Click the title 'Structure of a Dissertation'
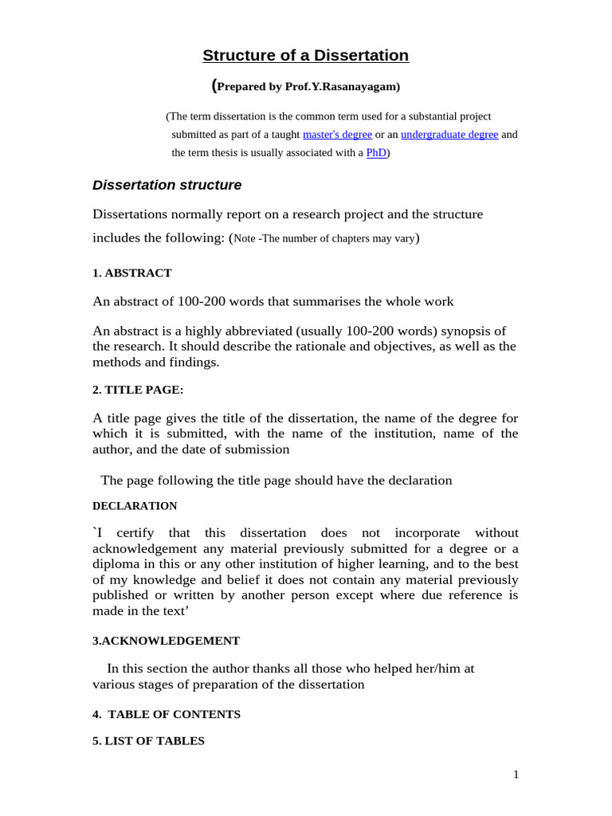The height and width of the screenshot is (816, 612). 305,55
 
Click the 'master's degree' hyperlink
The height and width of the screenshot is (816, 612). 337,135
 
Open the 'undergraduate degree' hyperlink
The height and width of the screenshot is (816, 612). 449,135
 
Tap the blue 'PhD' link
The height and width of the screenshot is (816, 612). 376,152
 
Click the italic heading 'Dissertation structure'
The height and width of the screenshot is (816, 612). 167,185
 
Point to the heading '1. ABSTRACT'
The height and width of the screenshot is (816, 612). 131,273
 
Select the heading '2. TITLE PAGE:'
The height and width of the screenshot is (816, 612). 138,390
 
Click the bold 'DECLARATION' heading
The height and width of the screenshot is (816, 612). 135,506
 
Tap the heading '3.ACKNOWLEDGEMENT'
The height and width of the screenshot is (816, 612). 166,641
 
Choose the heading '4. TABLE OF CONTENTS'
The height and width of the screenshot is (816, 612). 167,714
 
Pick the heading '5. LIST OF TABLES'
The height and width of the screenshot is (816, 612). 148,741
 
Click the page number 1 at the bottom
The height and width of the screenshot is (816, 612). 516,774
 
